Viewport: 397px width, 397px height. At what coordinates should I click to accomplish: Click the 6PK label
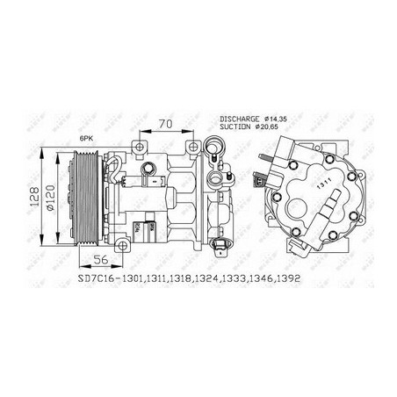click(86, 140)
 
